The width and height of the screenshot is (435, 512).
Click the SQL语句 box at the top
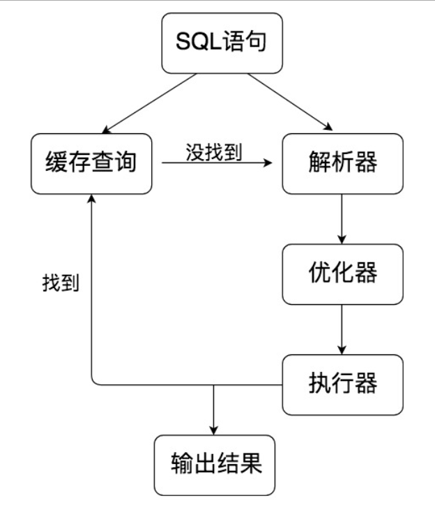tap(222, 43)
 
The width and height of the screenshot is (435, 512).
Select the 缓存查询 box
tap(91, 164)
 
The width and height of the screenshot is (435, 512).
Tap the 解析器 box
tap(342, 164)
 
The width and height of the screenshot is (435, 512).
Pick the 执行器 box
tap(342, 384)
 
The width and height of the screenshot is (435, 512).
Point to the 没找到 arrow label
tap(214, 152)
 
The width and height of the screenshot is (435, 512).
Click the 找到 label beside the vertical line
tap(61, 284)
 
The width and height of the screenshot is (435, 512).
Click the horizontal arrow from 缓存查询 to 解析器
tap(216, 165)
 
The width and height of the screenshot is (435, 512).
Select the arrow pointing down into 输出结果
tap(215, 412)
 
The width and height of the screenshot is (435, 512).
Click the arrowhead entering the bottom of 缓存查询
tap(92, 200)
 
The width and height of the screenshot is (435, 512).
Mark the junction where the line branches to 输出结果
tap(215, 384)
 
